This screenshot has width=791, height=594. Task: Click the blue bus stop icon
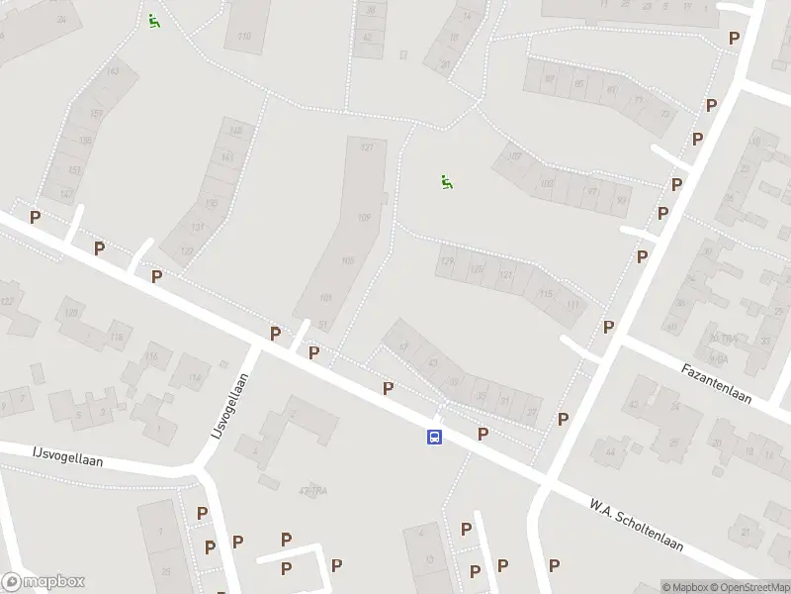[434, 437]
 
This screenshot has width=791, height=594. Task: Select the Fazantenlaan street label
[716, 383]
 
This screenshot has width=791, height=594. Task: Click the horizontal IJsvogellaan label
[65, 458]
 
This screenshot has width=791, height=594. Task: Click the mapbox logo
[43, 582]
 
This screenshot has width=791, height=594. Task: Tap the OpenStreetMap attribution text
[747, 587]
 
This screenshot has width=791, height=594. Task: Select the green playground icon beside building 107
[447, 181]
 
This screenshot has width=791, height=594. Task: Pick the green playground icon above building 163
[153, 20]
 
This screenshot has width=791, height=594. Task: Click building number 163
[113, 71]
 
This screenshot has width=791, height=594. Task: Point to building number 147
[66, 194]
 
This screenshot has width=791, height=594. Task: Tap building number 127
[367, 148]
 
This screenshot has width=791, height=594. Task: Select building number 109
[364, 218]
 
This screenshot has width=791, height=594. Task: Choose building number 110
[244, 38]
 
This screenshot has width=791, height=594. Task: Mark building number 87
[551, 79]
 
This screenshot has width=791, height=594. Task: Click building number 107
[514, 156]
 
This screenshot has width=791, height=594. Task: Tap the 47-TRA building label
[311, 490]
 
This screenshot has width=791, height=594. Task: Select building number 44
[610, 452]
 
